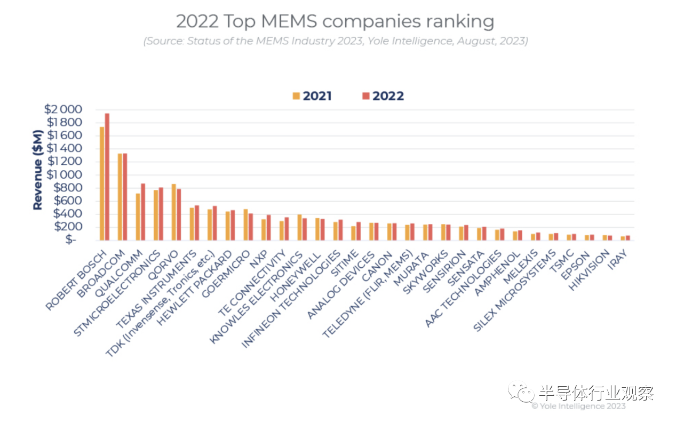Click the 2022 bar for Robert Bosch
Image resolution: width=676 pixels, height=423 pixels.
pos(107,176)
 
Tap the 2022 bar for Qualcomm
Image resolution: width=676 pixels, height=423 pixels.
pos(143,211)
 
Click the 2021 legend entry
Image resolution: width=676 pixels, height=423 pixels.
pos(312,96)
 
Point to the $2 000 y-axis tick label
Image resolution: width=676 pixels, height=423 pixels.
pos(63,109)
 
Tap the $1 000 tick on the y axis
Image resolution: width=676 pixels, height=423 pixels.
pos(63,174)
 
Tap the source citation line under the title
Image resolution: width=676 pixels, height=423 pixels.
pos(335,41)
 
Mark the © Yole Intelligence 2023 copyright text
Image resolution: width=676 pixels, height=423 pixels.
pos(578,406)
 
